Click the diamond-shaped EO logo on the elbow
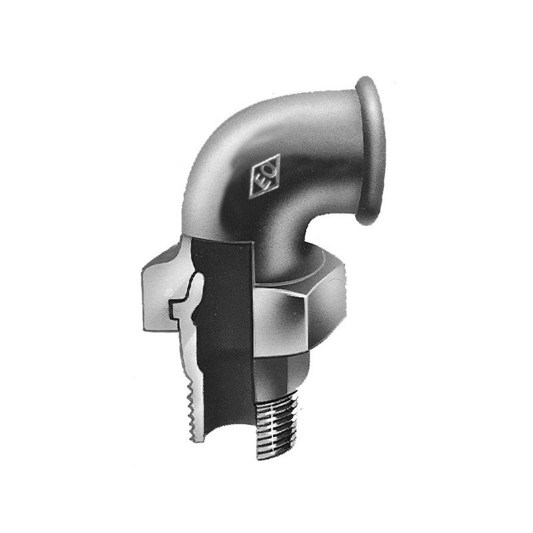click(x=265, y=176)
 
